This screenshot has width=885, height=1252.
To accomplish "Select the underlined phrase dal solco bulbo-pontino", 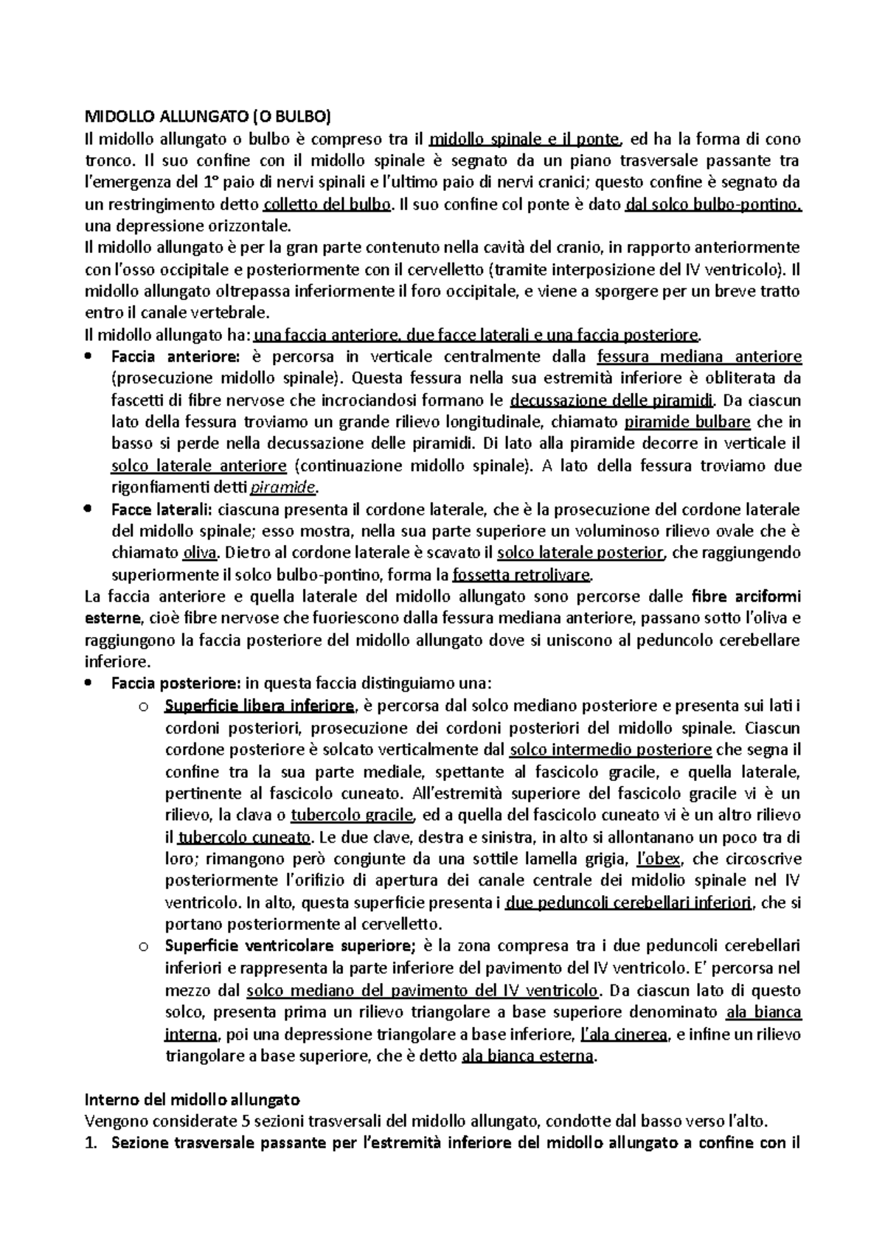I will pos(712,205).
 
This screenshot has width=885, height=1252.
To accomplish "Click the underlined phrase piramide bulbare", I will pos(687,422).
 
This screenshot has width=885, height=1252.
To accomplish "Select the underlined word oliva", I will pos(199,553).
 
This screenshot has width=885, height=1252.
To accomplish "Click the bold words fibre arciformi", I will pos(747,597).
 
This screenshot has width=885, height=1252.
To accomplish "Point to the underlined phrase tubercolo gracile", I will pos(353,815).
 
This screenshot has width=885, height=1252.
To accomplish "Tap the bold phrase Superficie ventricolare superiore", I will pos(291,946).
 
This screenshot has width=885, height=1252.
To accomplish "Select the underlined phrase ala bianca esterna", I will pos(527,1056).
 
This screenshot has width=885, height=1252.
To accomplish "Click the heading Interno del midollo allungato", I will pos(192,1100).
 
